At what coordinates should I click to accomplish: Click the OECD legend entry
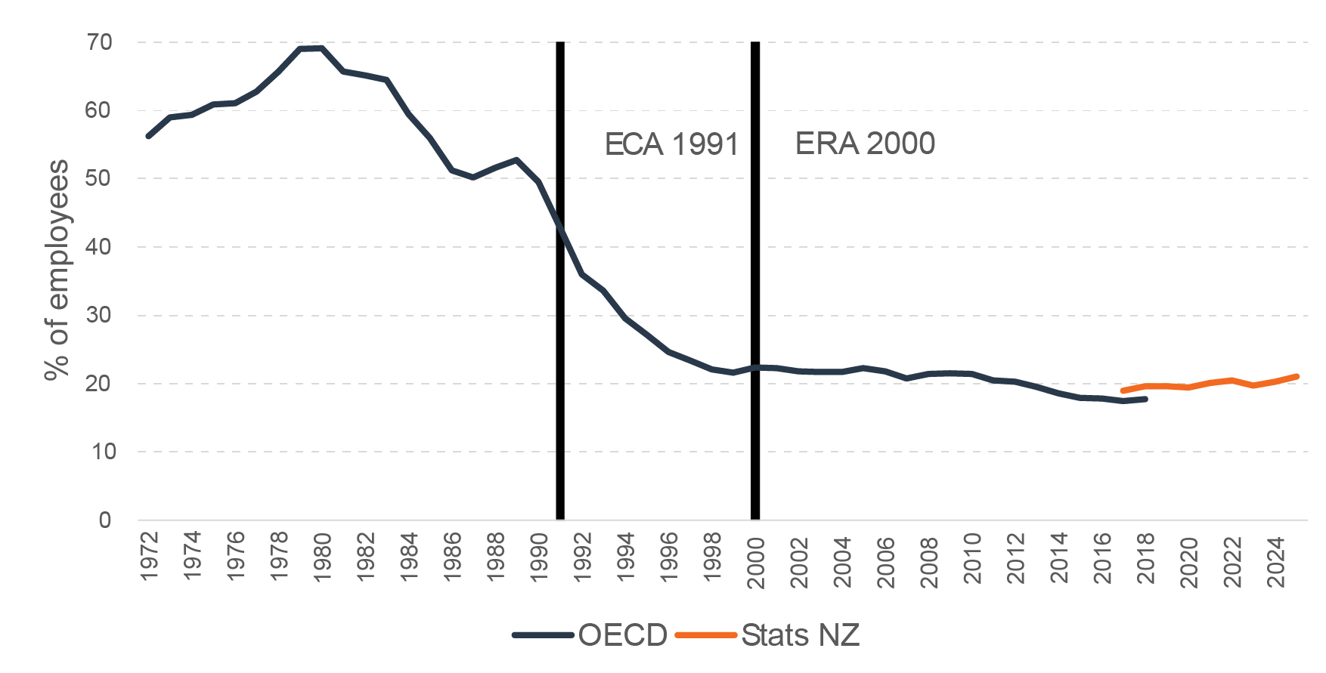[590, 635]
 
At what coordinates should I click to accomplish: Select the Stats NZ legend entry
[767, 635]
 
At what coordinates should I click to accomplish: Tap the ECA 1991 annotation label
[671, 144]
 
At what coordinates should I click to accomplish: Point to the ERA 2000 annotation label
[865, 144]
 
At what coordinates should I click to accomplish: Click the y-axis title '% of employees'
[57, 270]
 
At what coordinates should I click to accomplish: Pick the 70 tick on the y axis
[99, 42]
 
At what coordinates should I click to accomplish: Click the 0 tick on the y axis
[105, 520]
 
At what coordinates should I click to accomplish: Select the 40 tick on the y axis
[99, 247]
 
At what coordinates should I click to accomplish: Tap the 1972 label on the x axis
[150, 557]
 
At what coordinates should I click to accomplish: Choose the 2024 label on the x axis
[1277, 562]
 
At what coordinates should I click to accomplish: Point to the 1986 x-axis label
[453, 557]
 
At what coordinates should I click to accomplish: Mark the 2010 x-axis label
[973, 558]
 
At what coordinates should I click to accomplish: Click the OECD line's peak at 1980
[322, 48]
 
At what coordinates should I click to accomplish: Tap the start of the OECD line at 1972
[148, 136]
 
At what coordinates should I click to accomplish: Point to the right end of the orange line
[1297, 376]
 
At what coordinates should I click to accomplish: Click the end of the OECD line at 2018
[1146, 399]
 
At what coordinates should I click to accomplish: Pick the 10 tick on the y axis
[99, 452]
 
